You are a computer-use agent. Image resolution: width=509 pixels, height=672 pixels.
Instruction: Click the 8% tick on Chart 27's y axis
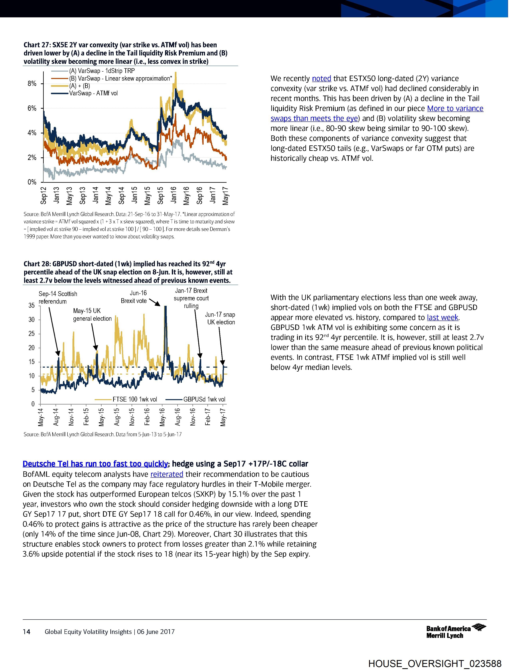click(32, 84)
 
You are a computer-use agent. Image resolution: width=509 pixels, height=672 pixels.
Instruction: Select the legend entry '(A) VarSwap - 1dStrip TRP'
click(102, 71)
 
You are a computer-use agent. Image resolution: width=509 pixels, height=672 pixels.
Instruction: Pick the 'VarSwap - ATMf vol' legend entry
click(93, 93)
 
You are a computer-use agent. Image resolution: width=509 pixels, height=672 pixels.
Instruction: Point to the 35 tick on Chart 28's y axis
click(32, 306)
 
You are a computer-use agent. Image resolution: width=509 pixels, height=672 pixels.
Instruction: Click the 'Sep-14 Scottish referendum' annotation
click(58, 297)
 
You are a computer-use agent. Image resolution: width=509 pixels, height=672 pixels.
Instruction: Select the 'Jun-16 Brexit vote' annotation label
click(134, 297)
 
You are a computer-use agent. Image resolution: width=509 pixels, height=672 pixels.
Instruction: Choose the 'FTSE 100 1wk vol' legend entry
click(134, 399)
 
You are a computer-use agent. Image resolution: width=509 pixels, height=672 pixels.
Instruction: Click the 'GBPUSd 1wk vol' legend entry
click(204, 399)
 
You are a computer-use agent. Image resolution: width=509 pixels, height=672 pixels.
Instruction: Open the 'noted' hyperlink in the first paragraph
click(321, 78)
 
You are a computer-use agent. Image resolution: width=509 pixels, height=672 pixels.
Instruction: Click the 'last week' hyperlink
click(442, 318)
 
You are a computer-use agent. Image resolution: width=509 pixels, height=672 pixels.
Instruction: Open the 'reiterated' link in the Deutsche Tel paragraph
click(167, 474)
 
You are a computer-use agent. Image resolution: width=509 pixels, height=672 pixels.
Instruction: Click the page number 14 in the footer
click(27, 632)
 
